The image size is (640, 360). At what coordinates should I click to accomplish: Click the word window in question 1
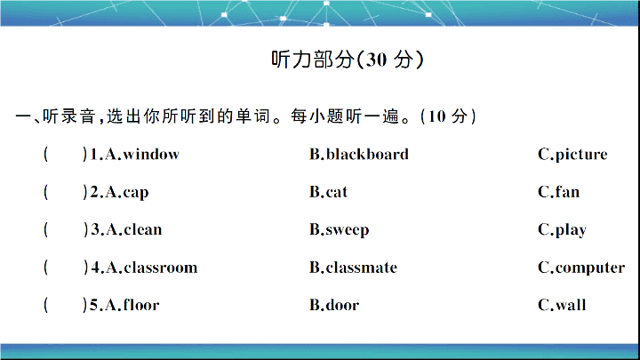tap(151, 155)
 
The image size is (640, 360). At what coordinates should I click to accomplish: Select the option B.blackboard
tap(359, 155)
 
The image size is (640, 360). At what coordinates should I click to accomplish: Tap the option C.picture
tap(572, 155)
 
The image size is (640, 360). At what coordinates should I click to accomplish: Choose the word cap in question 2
tap(136, 193)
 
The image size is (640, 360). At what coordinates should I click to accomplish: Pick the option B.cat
tap(328, 192)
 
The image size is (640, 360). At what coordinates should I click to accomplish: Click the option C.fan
tap(559, 191)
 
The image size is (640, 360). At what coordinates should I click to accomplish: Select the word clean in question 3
tap(143, 229)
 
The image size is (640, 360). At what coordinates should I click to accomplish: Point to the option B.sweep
tap(340, 230)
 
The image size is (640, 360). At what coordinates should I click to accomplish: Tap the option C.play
tap(562, 230)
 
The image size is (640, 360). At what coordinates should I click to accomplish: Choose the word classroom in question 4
tap(160, 268)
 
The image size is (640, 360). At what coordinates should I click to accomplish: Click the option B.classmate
tap(353, 268)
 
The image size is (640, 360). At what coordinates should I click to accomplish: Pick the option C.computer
tap(581, 268)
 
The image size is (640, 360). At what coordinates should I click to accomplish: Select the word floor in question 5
tap(141, 305)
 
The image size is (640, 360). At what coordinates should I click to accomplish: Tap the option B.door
tap(334, 305)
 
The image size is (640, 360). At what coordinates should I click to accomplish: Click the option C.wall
tap(562, 305)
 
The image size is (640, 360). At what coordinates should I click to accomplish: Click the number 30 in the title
tap(375, 60)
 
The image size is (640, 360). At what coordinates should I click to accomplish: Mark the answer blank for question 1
tap(65, 155)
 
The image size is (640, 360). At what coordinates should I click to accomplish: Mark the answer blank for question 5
tap(65, 305)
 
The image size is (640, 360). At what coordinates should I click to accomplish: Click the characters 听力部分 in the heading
tap(313, 60)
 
